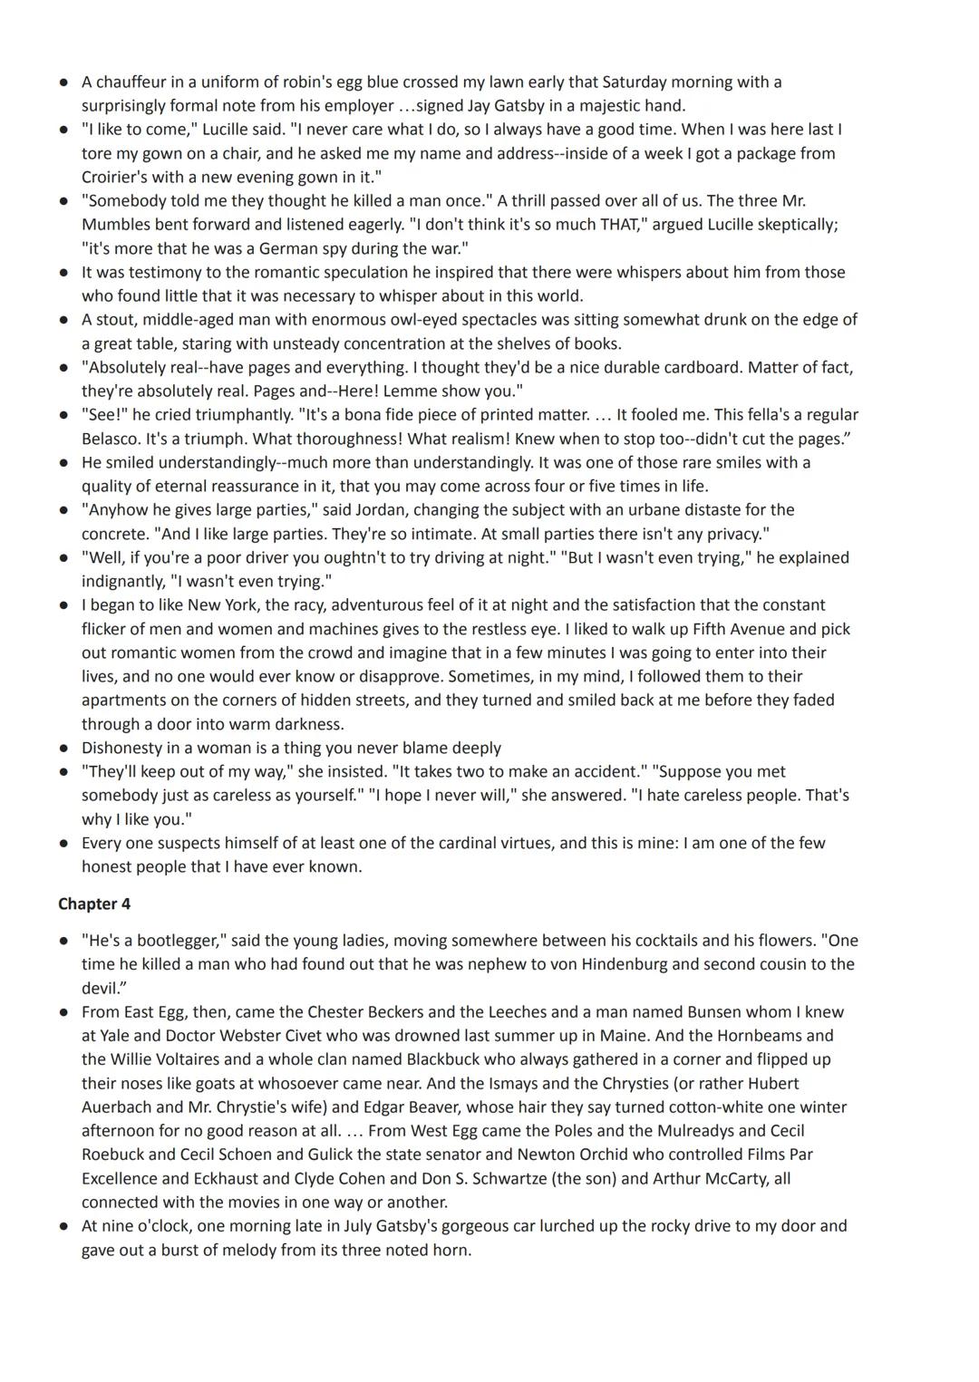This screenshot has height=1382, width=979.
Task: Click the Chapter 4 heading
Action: click(88, 904)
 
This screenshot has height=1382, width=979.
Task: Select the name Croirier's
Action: click(116, 177)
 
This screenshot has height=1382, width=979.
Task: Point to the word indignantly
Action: click(122, 581)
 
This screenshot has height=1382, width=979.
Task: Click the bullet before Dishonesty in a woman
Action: click(63, 749)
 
